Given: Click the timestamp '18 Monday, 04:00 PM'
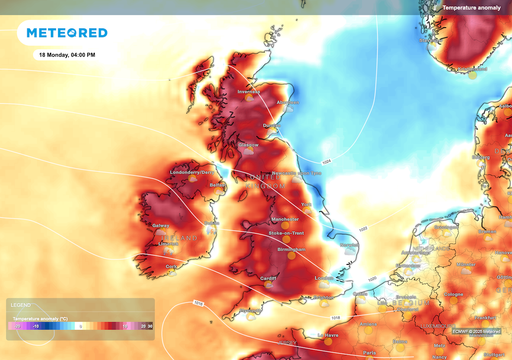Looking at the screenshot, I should (67, 54).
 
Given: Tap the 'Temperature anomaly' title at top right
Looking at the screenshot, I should (474, 7).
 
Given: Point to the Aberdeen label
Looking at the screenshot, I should (288, 101).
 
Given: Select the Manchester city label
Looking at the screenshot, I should (287, 216).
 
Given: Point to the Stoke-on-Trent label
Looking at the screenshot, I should (287, 233).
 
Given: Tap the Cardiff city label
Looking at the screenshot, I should (267, 278).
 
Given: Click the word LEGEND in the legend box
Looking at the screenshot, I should (21, 304).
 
